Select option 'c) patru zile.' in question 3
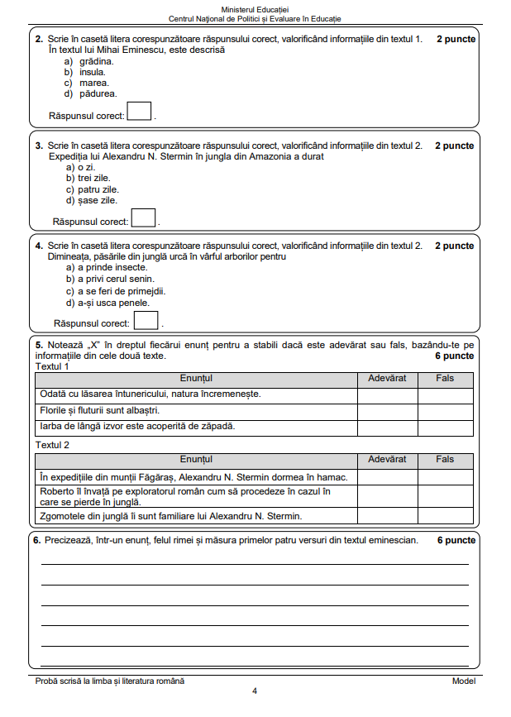pos(93,189)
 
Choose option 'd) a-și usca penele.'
pos(107,303)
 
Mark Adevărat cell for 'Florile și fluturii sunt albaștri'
pos(387,410)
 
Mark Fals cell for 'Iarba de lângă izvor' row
pos(446,427)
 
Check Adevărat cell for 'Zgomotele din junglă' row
pos(387,517)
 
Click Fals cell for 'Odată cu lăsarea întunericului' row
pos(446,394)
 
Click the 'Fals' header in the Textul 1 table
pos(446,378)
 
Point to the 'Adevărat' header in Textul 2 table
pos(387,459)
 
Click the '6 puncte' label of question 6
pos(456,540)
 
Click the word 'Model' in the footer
pos(463,681)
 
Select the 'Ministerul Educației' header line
pos(255,8)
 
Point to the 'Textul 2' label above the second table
pos(52,445)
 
